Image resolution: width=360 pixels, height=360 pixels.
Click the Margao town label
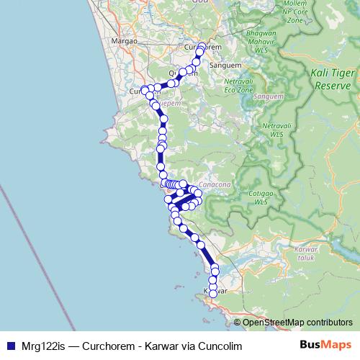pyautogui.click(x=125, y=41)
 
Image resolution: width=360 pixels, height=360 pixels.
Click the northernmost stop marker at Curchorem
pyautogui.click(x=201, y=50)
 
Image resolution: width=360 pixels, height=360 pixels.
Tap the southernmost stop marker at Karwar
pyautogui.click(x=213, y=293)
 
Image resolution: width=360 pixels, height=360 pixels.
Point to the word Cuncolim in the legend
pyautogui.click(x=214, y=346)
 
